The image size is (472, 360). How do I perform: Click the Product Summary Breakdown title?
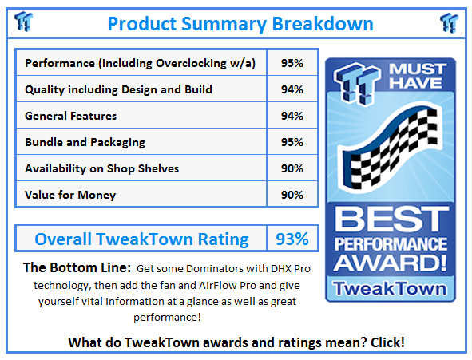pos(240,24)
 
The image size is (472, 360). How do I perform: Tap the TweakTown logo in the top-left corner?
pos(24,22)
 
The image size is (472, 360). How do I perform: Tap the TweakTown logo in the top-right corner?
pos(449,22)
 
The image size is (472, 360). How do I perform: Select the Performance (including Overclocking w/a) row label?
pos(141,63)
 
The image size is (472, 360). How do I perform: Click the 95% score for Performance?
pos(292,63)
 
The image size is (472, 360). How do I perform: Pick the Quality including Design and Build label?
pos(118,89)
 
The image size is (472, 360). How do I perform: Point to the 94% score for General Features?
pos(292,116)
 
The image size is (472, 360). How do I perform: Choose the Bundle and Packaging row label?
pos(85,142)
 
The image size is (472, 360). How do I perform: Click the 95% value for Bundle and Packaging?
pos(292,142)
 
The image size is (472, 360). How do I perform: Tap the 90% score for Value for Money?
pos(292,195)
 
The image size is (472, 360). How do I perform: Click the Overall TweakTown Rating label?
pos(141,239)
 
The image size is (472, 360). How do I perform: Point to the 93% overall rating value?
pos(292,239)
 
